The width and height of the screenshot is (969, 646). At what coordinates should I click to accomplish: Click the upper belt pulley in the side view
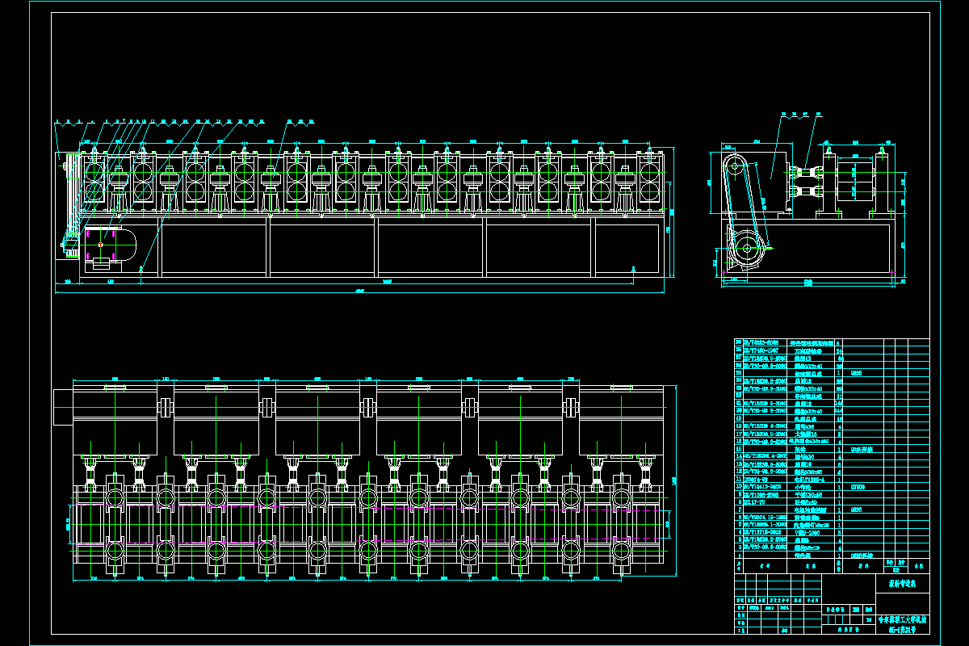click(x=735, y=170)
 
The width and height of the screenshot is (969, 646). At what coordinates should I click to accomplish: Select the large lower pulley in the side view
click(x=748, y=252)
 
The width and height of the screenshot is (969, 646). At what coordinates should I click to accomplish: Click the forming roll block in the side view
click(x=854, y=181)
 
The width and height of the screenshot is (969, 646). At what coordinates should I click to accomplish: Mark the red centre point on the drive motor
click(x=101, y=244)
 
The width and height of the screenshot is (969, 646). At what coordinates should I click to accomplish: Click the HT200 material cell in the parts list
click(x=858, y=487)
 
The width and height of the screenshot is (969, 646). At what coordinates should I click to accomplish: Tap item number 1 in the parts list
click(x=738, y=556)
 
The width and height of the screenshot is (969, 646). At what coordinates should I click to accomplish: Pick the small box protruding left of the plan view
click(x=62, y=407)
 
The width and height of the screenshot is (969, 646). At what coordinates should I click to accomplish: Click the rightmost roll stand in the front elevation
click(x=648, y=182)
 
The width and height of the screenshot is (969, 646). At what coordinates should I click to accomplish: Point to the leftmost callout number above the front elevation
click(x=57, y=122)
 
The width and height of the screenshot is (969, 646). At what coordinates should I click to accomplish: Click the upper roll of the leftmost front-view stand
click(x=94, y=172)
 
